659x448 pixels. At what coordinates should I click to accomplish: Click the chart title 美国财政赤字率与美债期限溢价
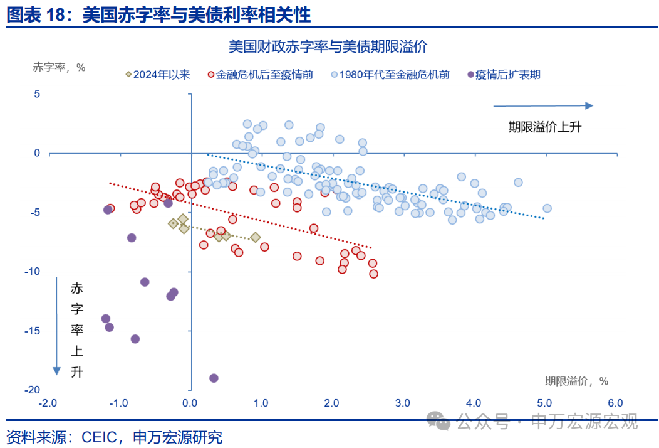click(x=328, y=46)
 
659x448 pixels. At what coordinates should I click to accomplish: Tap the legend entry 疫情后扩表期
click(x=504, y=75)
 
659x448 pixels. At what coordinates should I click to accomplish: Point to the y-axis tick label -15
click(x=32, y=331)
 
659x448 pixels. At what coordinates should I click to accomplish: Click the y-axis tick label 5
click(x=37, y=94)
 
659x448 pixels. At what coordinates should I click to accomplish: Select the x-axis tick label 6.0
click(x=615, y=403)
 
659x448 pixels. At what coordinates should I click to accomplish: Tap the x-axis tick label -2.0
click(x=48, y=403)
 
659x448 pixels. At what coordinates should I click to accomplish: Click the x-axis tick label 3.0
click(x=402, y=403)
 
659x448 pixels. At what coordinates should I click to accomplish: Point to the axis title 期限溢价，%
click(x=576, y=381)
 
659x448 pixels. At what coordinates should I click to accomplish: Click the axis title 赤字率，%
click(x=59, y=68)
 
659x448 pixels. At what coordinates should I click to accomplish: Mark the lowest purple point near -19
click(x=214, y=378)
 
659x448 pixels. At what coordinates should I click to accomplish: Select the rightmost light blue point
click(x=547, y=208)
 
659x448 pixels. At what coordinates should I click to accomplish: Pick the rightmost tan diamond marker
click(x=256, y=237)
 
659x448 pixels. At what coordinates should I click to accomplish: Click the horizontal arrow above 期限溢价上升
click(x=542, y=106)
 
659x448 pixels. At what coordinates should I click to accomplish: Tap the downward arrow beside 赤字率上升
click(x=57, y=326)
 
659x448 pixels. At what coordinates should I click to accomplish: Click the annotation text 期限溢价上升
click(x=544, y=127)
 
